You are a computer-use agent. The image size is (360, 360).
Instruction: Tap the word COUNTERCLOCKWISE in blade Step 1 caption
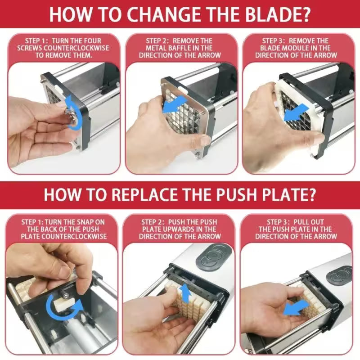[x=79, y=48]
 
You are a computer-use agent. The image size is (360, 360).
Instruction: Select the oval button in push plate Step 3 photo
[x=341, y=274]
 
